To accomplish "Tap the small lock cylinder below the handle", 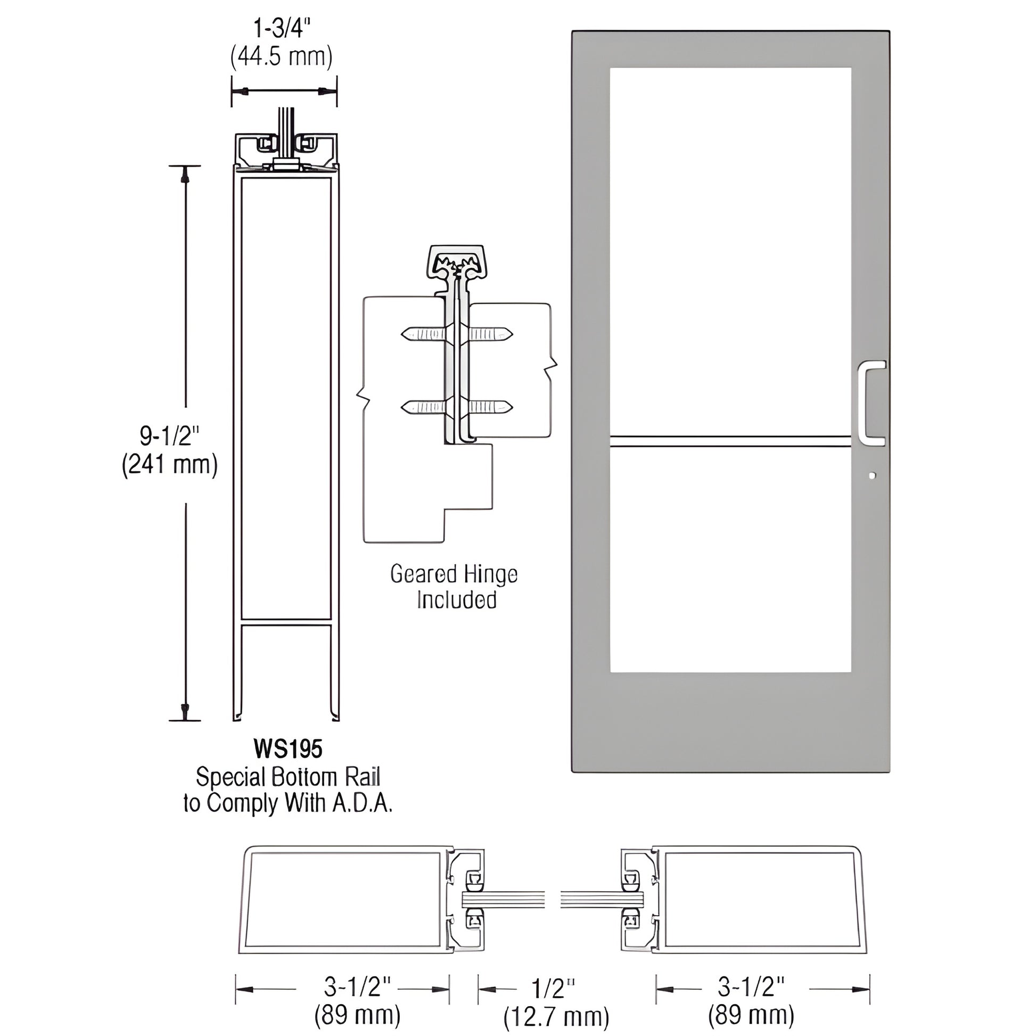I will tap(872, 475).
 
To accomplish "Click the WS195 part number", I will tap(288, 749).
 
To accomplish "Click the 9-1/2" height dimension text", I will tap(169, 436).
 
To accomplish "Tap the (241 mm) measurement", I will tap(169, 464).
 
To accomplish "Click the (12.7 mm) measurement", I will tap(556, 1017).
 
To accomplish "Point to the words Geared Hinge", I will tap(454, 574).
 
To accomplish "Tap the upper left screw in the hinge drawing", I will tap(424, 334).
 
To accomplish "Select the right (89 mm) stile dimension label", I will tap(751, 1016).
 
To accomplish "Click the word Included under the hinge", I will tap(456, 600).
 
